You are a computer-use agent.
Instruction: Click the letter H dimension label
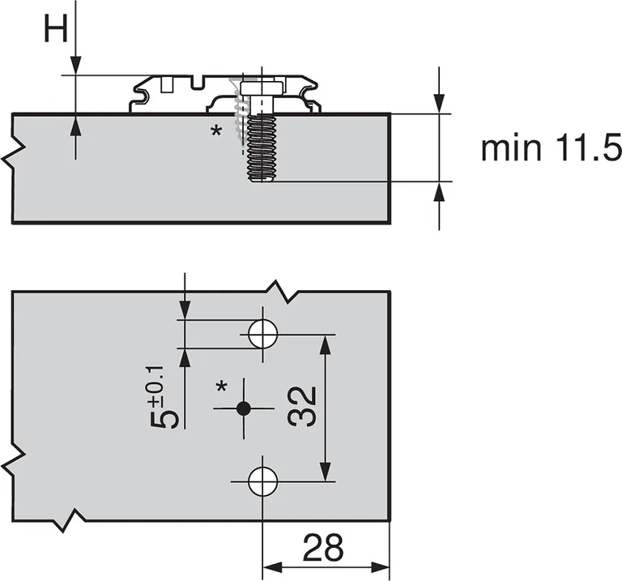[x=55, y=30]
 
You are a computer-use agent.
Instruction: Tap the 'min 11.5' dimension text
[x=550, y=149]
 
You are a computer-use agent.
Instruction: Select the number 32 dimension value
[x=301, y=406]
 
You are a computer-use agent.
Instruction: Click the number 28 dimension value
[x=323, y=549]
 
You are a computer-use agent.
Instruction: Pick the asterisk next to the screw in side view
[x=215, y=130]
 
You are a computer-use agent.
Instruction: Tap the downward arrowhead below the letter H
[x=75, y=66]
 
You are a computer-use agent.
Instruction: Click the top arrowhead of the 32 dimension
[x=326, y=344]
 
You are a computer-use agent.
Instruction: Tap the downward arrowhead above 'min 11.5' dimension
[x=439, y=103]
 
